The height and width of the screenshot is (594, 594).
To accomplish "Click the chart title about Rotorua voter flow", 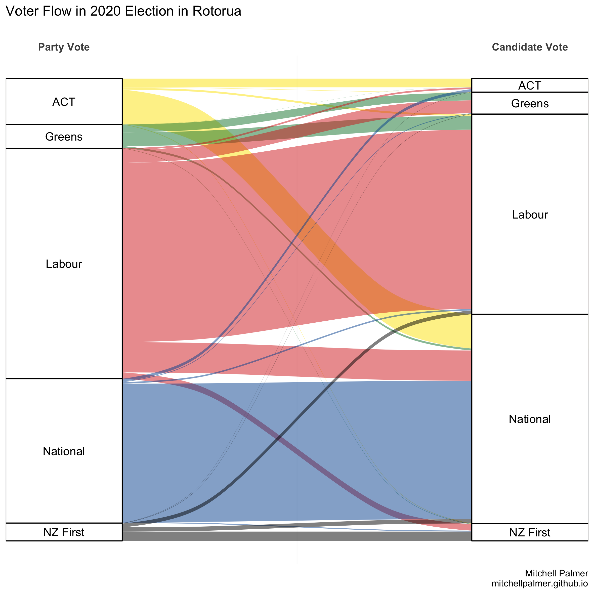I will [123, 11].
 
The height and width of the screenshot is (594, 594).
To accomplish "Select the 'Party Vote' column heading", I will [64, 47].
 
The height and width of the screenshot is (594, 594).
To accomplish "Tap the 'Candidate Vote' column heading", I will [530, 47].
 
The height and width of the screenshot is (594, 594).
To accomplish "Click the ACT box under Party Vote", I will [64, 102].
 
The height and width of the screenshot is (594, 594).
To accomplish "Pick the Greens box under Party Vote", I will [64, 137].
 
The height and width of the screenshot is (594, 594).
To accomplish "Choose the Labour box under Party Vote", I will [64, 264].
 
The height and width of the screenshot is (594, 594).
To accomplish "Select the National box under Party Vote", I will [64, 451].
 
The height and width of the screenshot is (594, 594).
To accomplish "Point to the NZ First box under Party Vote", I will [64, 532].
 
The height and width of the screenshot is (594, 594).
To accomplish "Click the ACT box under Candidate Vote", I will [530, 86].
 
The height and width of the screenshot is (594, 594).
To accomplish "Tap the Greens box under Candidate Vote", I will [530, 103].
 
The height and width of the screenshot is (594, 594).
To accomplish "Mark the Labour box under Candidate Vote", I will [530, 215].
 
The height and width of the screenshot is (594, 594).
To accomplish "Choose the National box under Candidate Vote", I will [530, 419].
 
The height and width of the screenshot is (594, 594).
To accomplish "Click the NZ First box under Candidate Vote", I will [530, 532].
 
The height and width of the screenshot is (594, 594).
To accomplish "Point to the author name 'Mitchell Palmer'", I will [557, 573].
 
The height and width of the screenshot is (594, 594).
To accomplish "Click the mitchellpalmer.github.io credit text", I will [540, 583].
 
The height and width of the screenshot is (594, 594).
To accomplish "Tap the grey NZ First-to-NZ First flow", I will [297, 536].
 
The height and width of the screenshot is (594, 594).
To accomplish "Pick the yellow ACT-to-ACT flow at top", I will [297, 83].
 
